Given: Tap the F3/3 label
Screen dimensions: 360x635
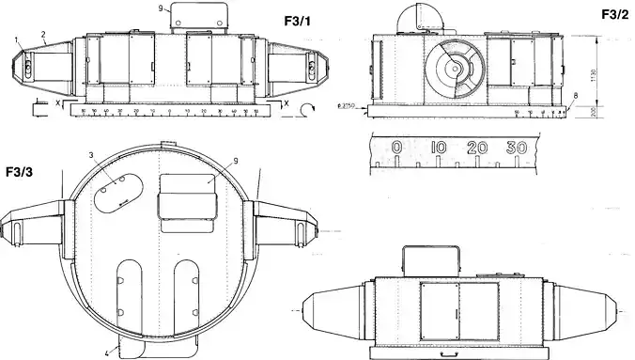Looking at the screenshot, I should pyautogui.click(x=20, y=173).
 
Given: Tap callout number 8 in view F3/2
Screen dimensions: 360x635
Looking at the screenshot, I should pyautogui.click(x=576, y=98).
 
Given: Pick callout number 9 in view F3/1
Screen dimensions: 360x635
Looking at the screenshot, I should pyautogui.click(x=162, y=8).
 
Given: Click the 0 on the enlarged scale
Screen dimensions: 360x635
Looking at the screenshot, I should pyautogui.click(x=397, y=149).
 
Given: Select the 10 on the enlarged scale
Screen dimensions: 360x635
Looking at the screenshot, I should pyautogui.click(x=438, y=149).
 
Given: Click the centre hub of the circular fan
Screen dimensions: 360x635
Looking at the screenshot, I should pyautogui.click(x=454, y=67).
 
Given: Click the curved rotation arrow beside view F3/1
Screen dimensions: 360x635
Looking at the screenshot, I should pyautogui.click(x=306, y=110).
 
